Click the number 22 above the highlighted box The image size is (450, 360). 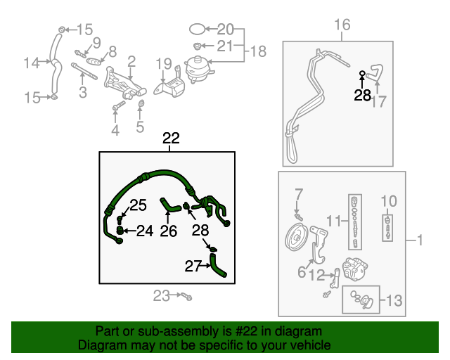click(171, 138)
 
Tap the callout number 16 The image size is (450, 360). click(342, 25)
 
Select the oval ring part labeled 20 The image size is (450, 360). click(198, 29)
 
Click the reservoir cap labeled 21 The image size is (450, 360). click(197, 46)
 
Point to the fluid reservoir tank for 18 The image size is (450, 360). click(198, 69)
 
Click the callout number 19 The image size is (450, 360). click(164, 64)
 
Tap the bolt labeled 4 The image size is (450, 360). click(119, 105)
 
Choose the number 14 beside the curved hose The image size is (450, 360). click(31, 63)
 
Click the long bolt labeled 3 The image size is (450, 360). click(84, 71)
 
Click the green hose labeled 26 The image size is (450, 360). click(170, 207)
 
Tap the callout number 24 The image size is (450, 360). click(145, 231)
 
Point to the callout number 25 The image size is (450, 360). click(139, 205)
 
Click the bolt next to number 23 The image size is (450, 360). click(186, 297)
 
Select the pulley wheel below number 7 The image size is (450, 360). click(297, 238)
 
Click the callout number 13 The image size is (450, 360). click(394, 300)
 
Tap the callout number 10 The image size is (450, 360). click(389, 201)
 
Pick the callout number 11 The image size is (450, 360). click(334, 221)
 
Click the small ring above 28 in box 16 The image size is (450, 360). click(363, 74)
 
